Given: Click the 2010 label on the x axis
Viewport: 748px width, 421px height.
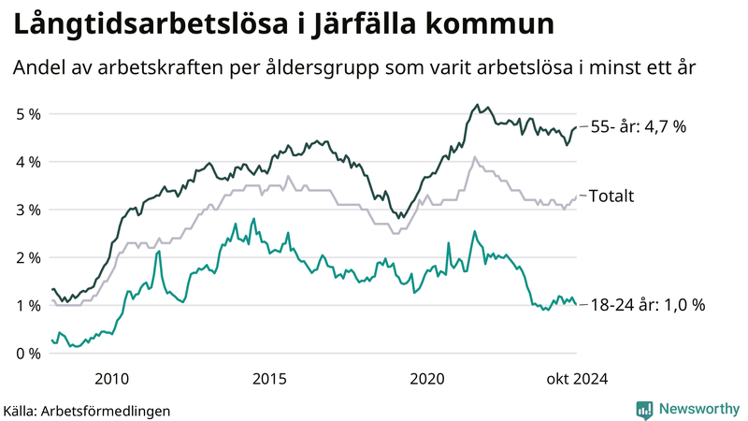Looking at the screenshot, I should pos(111,378).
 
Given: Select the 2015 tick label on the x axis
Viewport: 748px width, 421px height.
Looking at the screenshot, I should pos(269,378).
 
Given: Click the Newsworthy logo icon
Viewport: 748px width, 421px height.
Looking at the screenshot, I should pos(644,409).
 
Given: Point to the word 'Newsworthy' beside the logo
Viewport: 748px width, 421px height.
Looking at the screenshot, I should pos(698,409).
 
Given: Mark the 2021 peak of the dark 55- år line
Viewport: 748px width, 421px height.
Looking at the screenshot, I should pos(477,105).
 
